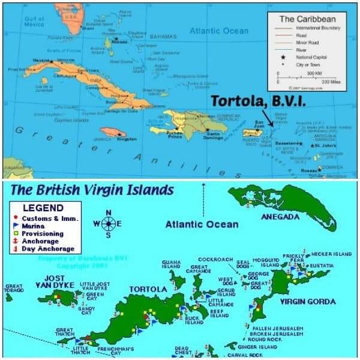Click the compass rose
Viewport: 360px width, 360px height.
(108, 224)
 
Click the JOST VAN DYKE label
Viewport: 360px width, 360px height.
(54, 282)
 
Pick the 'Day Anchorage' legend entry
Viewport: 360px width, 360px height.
(47, 248)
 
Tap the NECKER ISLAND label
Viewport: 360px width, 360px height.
(331, 254)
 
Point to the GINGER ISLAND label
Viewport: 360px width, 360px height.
(257, 347)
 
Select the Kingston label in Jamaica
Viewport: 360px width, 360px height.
(127, 139)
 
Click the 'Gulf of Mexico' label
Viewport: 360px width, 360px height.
(34, 22)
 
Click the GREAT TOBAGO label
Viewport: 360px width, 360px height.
(13, 289)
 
